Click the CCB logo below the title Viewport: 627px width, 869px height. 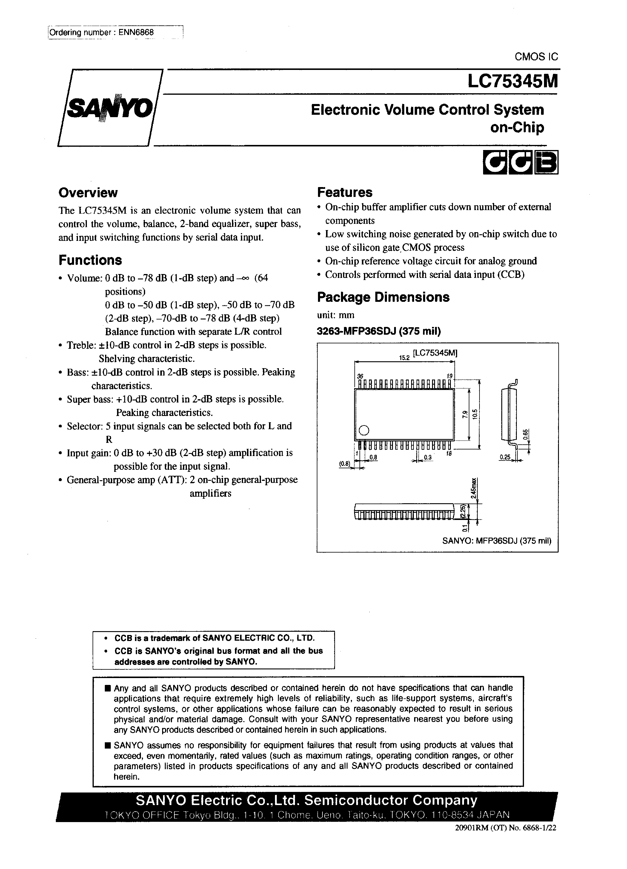[520, 163]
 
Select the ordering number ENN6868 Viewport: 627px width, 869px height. [136, 33]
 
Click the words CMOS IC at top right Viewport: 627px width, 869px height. [536, 57]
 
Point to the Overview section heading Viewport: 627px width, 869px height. [88, 192]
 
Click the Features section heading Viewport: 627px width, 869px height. [345, 192]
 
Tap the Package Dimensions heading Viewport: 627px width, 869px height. [383, 297]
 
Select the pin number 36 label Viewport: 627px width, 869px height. [360, 376]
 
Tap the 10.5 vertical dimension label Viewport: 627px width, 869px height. [475, 414]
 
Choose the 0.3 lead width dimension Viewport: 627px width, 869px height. [428, 458]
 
